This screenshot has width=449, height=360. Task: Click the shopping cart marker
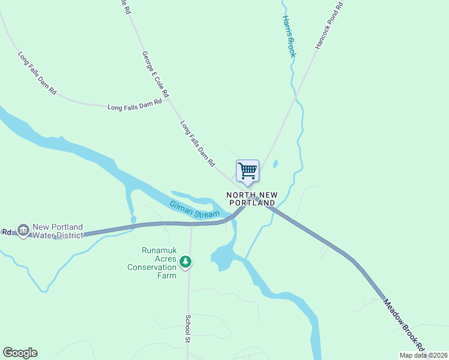coord(247,171)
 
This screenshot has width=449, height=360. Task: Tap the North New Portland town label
coord(251,199)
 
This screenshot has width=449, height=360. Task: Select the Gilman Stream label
coord(195,209)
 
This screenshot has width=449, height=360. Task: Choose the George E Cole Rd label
coord(155,74)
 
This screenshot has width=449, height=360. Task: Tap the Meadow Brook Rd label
coord(404,325)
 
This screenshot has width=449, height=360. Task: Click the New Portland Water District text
coord(58,231)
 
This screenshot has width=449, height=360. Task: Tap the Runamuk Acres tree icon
coord(186,261)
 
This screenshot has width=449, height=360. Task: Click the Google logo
coord(20,353)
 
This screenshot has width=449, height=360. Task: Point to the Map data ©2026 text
coord(423,355)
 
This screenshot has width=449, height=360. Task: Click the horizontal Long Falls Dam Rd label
coord(135,105)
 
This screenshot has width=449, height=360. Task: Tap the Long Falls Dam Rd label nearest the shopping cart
coord(197,143)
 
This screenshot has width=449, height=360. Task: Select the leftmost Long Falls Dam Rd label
coord(37,74)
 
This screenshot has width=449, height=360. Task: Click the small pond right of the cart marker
coord(275,163)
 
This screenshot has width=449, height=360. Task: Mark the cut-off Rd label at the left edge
coord(7,232)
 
